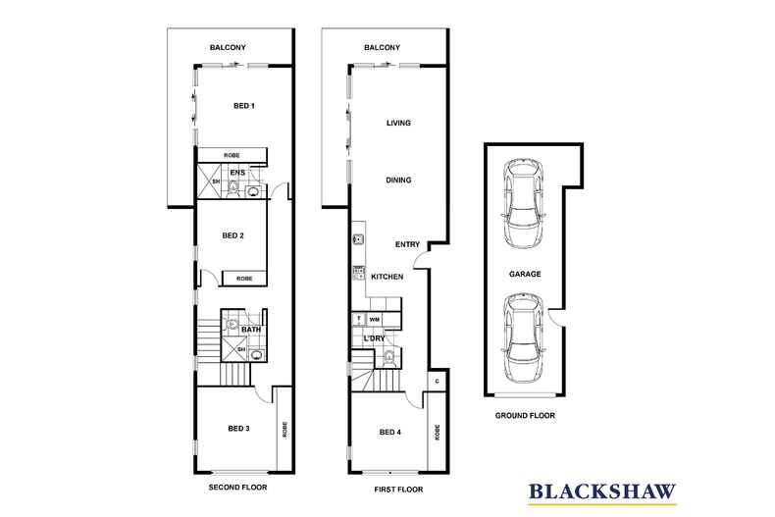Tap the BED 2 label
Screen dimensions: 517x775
232,235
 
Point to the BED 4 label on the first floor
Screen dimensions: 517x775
389,432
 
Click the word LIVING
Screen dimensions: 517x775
398,123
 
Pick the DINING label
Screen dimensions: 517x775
398,181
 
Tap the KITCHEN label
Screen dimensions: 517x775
387,278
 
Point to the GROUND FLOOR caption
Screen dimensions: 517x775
526,416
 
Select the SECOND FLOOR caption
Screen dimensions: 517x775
238,487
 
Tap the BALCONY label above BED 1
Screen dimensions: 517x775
228,47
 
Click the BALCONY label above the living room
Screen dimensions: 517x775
382,47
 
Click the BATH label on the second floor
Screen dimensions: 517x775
251,330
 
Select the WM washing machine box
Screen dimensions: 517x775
374,320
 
